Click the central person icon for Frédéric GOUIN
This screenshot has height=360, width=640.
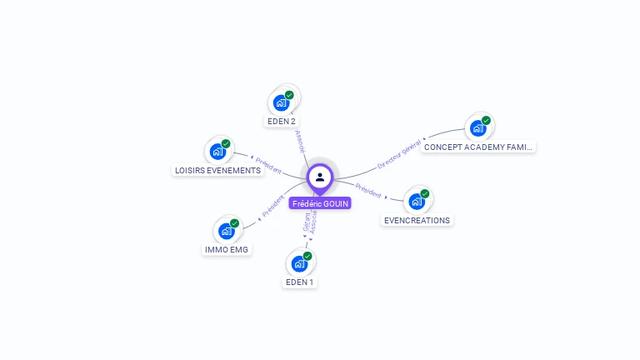pyautogui.click(x=320, y=177)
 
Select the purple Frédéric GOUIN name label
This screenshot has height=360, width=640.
pyautogui.click(x=320, y=203)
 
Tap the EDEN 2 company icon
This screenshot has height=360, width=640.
pyautogui.click(x=282, y=103)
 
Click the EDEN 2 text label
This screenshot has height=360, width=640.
pyautogui.click(x=282, y=122)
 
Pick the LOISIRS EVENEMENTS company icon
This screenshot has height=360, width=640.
pyautogui.click(x=217, y=152)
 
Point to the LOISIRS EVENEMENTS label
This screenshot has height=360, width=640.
pyautogui.click(x=217, y=171)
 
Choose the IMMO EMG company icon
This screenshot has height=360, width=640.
pyautogui.click(x=227, y=231)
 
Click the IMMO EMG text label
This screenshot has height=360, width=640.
pyautogui.click(x=227, y=249)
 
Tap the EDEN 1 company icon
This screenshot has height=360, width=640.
pyautogui.click(x=299, y=264)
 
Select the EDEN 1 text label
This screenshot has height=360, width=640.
pyautogui.click(x=300, y=282)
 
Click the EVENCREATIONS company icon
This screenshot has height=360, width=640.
pyautogui.click(x=417, y=202)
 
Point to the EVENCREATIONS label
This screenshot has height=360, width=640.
pyautogui.click(x=417, y=221)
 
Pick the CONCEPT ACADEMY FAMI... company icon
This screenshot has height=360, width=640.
pyautogui.click(x=478, y=128)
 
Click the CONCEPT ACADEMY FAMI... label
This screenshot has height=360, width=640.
pyautogui.click(x=477, y=147)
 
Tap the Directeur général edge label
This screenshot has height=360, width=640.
pyautogui.click(x=399, y=154)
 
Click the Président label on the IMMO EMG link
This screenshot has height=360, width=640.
pyautogui.click(x=272, y=207)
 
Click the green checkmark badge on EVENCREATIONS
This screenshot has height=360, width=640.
pyautogui.click(x=425, y=194)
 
